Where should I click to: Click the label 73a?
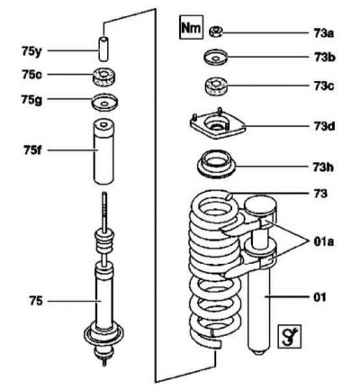pos(324,33)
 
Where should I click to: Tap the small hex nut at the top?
pos(215,32)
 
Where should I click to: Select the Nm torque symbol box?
pos(192,28)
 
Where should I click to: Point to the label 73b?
pos(325,57)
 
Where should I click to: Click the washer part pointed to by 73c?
pos(216,86)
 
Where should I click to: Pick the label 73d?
pos(325,126)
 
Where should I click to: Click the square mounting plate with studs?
pos(218,124)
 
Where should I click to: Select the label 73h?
pos(323,168)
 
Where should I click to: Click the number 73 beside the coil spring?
pos(320,194)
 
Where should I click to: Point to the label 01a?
pos(324,241)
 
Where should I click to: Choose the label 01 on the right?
pos(319,297)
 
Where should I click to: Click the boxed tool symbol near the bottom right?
pos(290,336)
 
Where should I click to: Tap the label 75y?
pos(31,51)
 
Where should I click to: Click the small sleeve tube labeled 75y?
pos(103,49)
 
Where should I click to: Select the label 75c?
pos(31,75)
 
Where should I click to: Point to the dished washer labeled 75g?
pos(104,103)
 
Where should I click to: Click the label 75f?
pos(32,150)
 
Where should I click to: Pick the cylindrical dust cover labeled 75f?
pos(103,152)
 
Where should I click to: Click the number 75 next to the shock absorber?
pos(36,301)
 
